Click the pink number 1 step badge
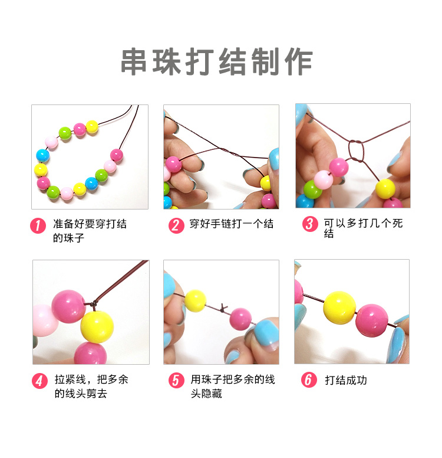click(x=38, y=225)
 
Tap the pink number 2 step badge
click(x=176, y=225)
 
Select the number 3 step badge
click(x=310, y=224)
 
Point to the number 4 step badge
click(x=39, y=381)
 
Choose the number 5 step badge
click(x=176, y=380)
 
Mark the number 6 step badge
click(x=309, y=380)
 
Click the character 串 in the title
click(x=134, y=62)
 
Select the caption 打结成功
click(x=346, y=380)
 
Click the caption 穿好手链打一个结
click(x=232, y=224)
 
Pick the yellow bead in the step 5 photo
click(x=195, y=300)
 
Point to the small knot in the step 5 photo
click(x=223, y=308)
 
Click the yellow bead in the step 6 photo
click(x=339, y=307)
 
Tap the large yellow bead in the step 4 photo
click(x=97, y=327)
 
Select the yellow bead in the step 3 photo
click(x=385, y=189)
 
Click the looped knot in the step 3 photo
click(x=356, y=151)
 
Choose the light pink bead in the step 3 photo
click(x=324, y=179)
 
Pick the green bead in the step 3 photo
click(x=312, y=189)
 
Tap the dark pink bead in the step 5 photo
click(x=240, y=319)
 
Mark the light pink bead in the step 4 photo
click(x=44, y=320)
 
